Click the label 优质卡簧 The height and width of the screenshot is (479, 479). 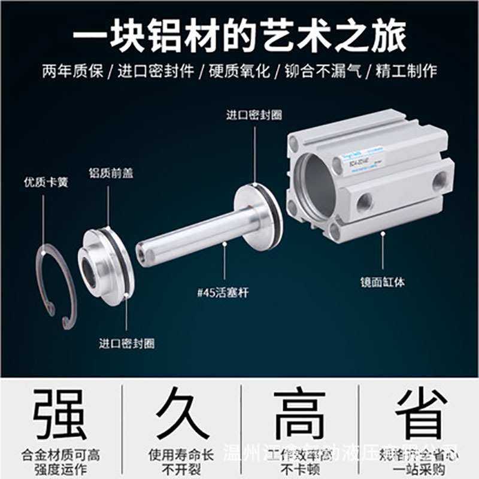pyautogui.click(x=46, y=181)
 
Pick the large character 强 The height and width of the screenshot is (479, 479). pyautogui.click(x=60, y=415)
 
